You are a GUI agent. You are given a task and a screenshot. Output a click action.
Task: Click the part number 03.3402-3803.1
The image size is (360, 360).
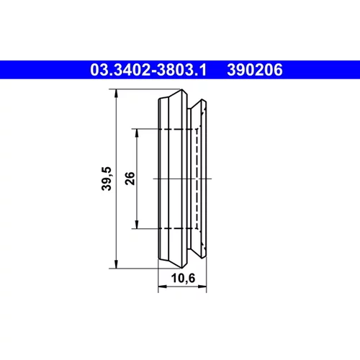pos(148,70)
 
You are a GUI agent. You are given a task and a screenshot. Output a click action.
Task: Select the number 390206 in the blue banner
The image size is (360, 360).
pos(255,70)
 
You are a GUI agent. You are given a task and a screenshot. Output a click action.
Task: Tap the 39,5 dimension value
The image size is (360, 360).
pos(107,179)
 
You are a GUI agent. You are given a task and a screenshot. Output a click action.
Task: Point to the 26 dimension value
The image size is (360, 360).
pos(130,179)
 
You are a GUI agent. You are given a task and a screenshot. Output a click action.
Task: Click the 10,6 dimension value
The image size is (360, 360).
pos(183,279)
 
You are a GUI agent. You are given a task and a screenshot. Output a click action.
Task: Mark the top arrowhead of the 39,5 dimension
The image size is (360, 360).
pos(116,93)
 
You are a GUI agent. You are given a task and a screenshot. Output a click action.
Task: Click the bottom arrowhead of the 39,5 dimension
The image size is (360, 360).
pos(116,264)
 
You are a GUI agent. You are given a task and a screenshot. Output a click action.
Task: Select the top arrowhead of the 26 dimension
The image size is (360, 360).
pos(137,133)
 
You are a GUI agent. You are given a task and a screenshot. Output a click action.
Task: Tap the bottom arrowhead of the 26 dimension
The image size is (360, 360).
pos(137,225)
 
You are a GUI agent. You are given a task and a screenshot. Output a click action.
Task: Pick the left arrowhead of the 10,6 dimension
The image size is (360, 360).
pos(162,287)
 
